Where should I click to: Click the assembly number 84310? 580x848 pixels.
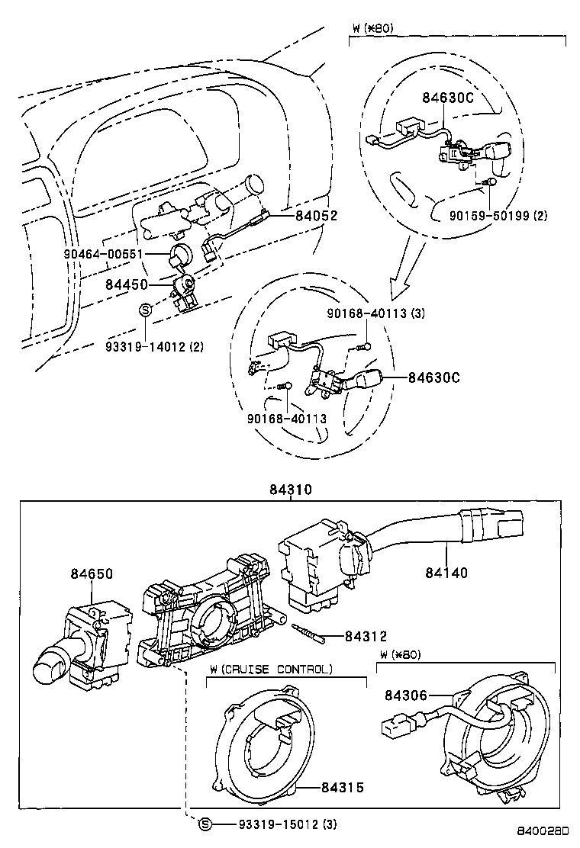[289, 490]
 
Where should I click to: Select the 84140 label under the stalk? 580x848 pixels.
[447, 573]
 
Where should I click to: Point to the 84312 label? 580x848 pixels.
[366, 636]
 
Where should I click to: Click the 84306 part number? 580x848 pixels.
[404, 695]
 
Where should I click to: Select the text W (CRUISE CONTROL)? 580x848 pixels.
[272, 669]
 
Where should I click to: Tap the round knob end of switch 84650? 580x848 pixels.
[48, 670]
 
